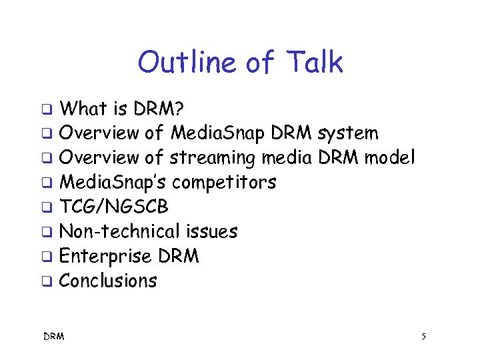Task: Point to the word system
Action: [348, 133]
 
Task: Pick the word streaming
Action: [212, 158]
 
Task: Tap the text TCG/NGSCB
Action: [114, 207]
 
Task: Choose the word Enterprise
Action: [106, 256]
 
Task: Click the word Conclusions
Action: [108, 281]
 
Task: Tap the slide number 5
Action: [423, 337]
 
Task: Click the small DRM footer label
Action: [53, 337]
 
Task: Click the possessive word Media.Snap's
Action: [113, 183]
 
